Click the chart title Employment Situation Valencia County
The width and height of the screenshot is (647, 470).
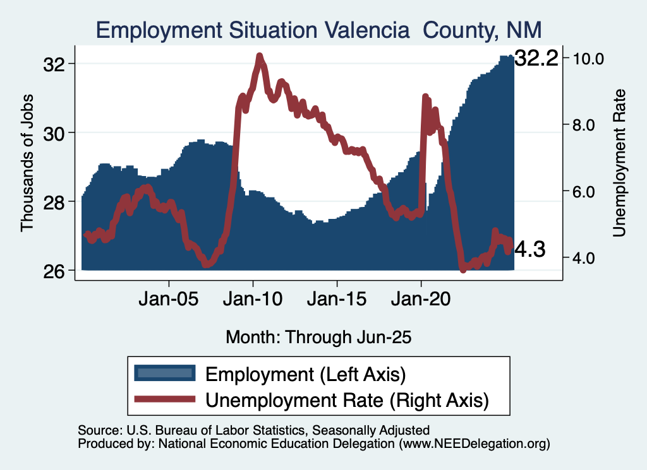pos(319,30)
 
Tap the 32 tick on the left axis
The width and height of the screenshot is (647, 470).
pos(54,64)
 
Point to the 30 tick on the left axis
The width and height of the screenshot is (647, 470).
pos(54,132)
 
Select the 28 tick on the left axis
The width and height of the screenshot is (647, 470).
pos(54,201)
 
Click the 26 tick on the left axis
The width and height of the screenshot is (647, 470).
pos(54,270)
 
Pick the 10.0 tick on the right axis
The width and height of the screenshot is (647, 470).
pos(589,58)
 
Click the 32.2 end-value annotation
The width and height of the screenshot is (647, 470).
pos(536,59)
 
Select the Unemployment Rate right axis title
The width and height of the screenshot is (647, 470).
pos(619,163)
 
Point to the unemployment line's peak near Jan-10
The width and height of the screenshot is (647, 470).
pos(260,56)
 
